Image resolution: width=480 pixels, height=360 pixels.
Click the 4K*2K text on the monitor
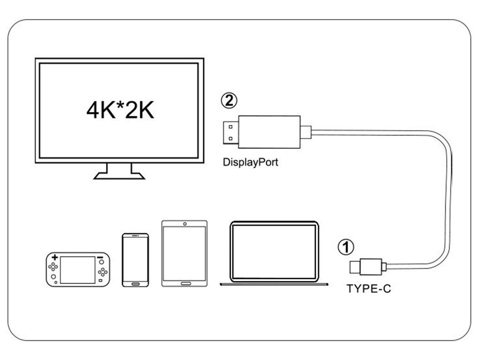pos(120,111)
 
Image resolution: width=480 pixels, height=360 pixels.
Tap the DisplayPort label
pos(250,163)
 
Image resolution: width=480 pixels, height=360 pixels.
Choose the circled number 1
pos(346,247)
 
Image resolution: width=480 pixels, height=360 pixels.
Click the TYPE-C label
pos(368,289)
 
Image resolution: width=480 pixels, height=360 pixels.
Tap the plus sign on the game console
pos(55,257)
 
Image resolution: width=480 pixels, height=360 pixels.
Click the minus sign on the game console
pos(100,258)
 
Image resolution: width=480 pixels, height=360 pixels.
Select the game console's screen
pos(77,270)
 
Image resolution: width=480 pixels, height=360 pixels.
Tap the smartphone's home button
pos(135,284)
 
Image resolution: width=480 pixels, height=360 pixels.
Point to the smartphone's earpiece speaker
pos(135,235)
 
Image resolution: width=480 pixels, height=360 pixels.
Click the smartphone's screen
pos(135,260)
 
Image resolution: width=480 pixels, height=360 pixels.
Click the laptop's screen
pos(275,251)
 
